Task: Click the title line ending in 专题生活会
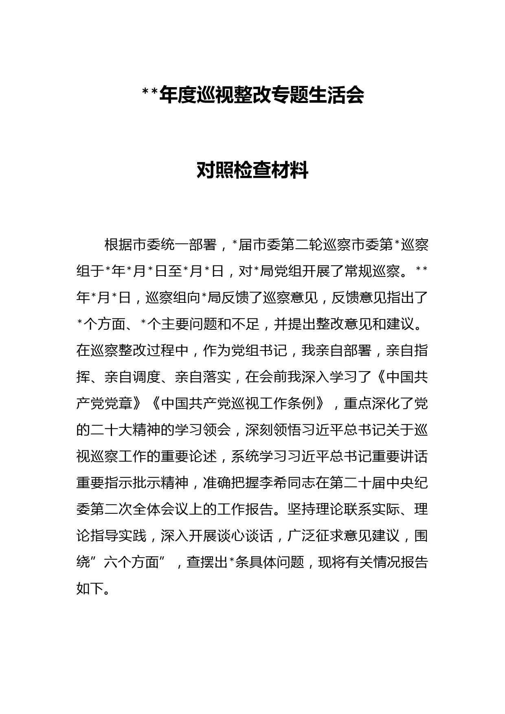coord(253,95)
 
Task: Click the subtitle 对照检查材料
coord(253,170)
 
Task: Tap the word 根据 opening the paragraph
coord(119,245)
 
